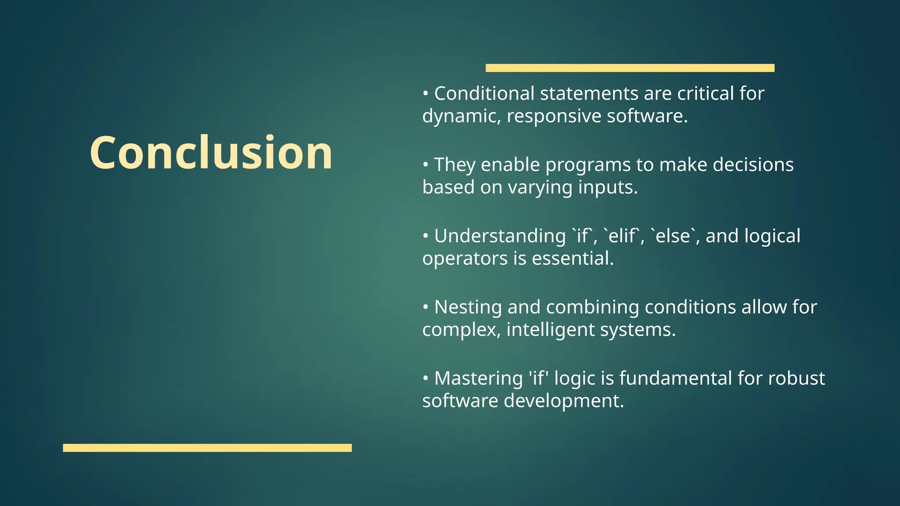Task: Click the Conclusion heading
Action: coord(211,152)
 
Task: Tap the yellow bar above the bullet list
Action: coord(630,68)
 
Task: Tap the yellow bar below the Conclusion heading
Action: coord(207,448)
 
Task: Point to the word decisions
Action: coord(753,165)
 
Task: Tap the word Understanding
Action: coord(500,236)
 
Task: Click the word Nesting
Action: coord(468,307)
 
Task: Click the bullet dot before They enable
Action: coord(425,165)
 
